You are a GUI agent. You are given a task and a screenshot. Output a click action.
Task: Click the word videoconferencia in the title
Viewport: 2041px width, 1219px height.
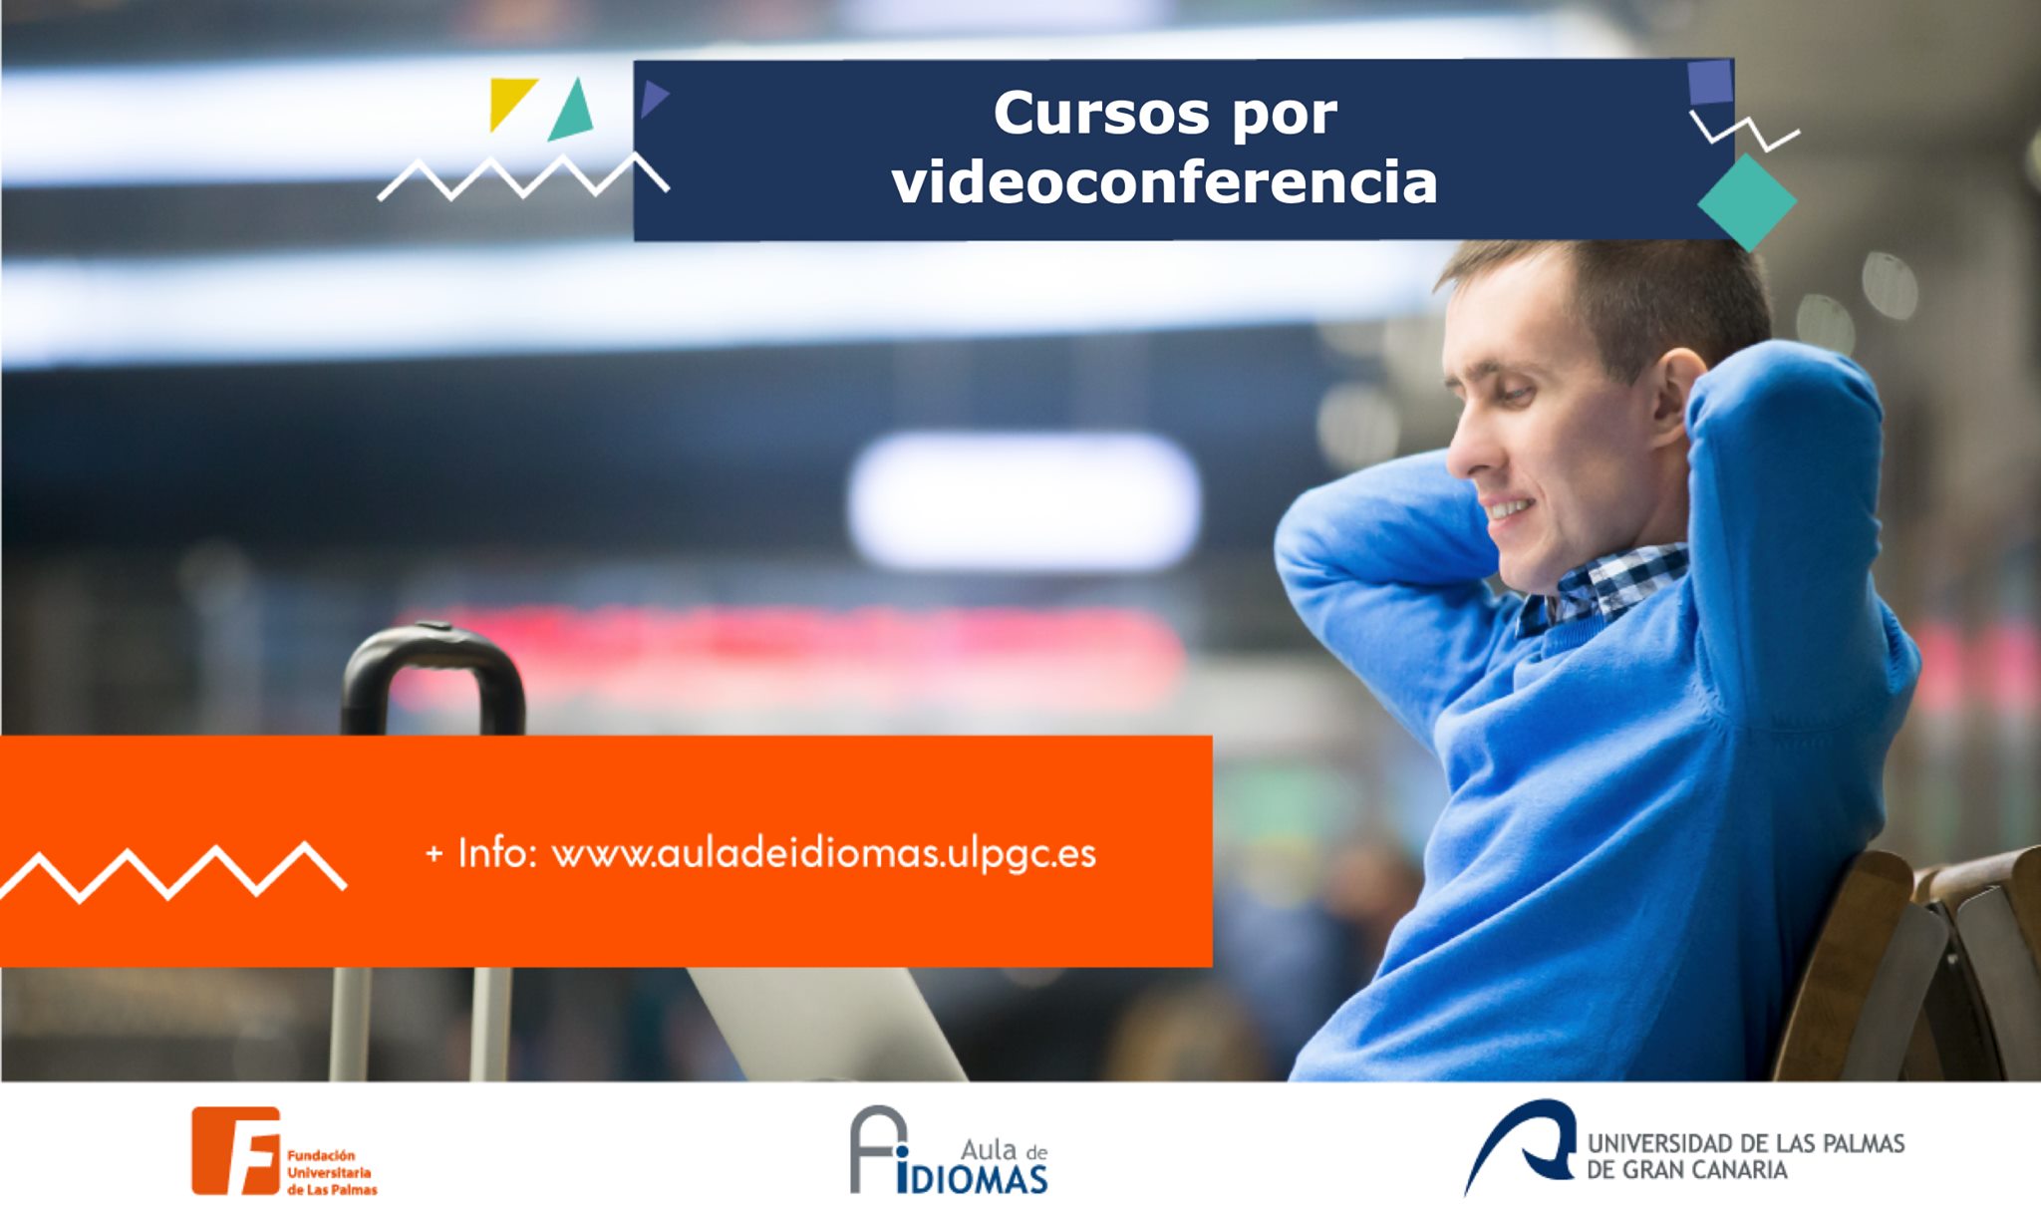click(x=1164, y=182)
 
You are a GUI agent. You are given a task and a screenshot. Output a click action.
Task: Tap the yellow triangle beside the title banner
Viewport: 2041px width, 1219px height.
click(x=510, y=103)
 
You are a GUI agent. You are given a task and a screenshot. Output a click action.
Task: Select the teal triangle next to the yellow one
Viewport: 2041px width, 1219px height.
click(x=572, y=112)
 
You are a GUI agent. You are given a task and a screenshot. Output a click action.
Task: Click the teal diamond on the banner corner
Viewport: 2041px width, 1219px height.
click(x=1747, y=201)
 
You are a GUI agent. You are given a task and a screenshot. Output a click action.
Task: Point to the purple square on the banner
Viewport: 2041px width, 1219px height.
click(x=1710, y=82)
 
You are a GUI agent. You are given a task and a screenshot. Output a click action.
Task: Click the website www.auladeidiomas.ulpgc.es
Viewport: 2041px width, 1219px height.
click(x=824, y=854)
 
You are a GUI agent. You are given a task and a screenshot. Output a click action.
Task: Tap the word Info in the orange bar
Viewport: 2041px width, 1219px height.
click(x=496, y=852)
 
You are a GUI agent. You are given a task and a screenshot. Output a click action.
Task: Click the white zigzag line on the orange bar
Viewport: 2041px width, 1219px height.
click(x=172, y=873)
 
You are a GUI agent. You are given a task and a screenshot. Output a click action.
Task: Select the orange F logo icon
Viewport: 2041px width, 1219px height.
click(x=236, y=1150)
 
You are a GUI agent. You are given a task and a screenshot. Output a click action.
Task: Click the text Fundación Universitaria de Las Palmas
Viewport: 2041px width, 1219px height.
click(x=332, y=1172)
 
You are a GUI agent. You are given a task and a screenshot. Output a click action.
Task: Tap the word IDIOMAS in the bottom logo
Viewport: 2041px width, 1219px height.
click(x=972, y=1178)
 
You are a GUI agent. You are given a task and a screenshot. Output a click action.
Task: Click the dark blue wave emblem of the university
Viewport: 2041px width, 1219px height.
click(x=1520, y=1144)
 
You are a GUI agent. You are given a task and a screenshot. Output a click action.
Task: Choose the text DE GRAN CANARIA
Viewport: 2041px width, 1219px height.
click(x=1686, y=1170)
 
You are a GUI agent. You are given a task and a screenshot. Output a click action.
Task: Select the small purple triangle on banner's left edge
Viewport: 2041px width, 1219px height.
click(x=654, y=99)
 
